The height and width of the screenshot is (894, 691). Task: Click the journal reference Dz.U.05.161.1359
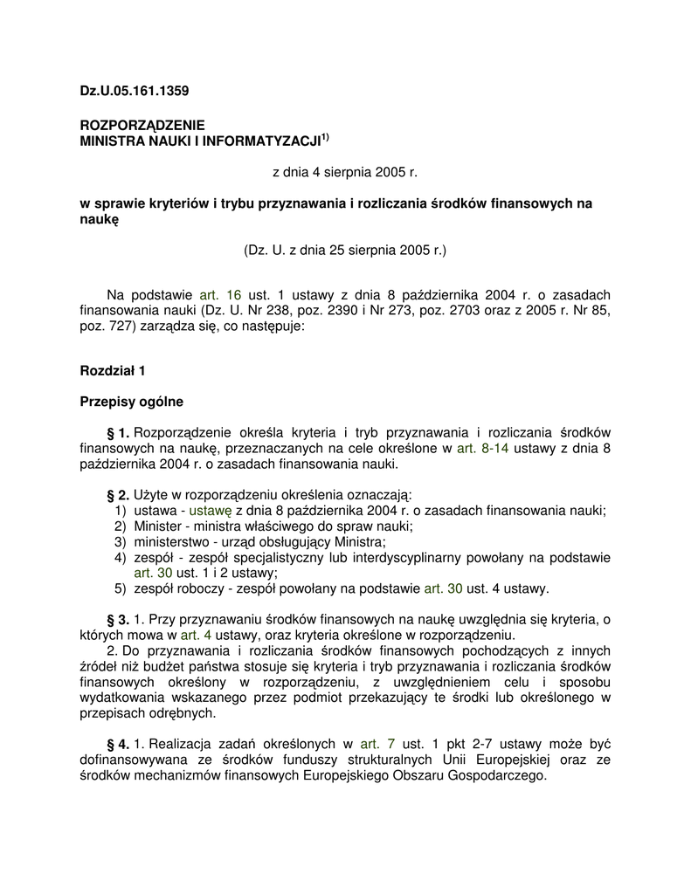point(135,90)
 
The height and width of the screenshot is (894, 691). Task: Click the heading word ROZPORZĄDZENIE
point(142,125)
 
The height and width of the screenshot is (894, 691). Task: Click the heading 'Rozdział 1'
point(113,370)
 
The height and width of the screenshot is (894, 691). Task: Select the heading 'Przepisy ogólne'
point(131,402)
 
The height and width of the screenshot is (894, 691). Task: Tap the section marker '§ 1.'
point(118,433)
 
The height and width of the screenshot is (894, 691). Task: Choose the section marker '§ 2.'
point(118,496)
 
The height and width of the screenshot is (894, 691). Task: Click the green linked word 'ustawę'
point(211,512)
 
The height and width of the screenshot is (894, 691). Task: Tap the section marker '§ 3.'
point(118,619)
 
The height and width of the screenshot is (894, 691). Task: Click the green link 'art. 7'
point(378,744)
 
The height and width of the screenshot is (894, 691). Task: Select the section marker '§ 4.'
point(118,744)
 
